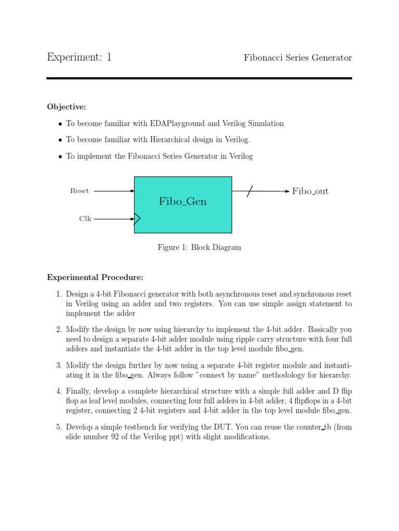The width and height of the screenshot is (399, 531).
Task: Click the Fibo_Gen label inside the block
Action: click(x=183, y=201)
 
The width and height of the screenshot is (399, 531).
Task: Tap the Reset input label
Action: click(x=79, y=191)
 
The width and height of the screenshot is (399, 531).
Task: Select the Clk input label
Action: click(x=85, y=219)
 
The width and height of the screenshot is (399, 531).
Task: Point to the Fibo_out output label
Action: click(x=310, y=191)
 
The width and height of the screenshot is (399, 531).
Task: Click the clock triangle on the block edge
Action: click(x=137, y=219)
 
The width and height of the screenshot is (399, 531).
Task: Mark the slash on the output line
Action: click(x=249, y=191)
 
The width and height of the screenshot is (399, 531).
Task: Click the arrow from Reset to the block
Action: click(x=114, y=191)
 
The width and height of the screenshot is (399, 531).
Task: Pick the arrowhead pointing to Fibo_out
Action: click(x=286, y=191)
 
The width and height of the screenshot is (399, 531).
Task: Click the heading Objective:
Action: click(x=66, y=107)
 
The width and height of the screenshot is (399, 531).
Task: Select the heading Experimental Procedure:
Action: click(x=95, y=277)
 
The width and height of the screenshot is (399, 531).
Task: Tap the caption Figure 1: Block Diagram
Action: click(x=199, y=247)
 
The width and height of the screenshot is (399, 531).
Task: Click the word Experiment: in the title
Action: click(x=73, y=58)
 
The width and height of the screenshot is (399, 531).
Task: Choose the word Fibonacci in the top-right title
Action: click(x=264, y=58)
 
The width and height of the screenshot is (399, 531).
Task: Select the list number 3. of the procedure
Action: click(x=59, y=365)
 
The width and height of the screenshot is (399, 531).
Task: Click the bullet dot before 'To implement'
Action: click(x=60, y=156)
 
